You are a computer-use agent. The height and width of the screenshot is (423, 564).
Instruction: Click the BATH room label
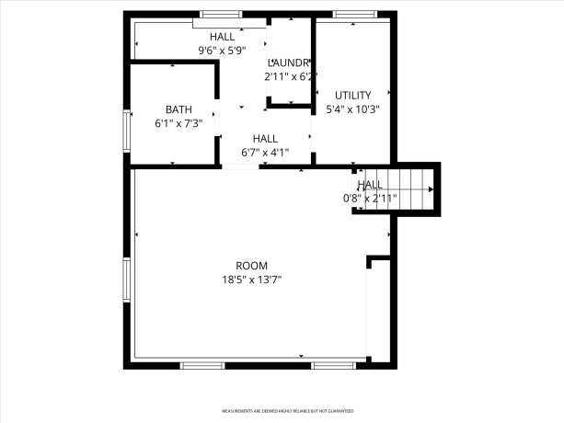178,109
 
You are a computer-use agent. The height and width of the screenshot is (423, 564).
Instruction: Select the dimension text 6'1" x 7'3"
178,122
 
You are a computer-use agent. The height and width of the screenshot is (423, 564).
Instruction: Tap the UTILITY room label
352,95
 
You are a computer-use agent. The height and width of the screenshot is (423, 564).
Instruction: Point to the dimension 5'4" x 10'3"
352,109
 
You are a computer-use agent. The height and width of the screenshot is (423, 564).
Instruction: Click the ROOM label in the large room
251,266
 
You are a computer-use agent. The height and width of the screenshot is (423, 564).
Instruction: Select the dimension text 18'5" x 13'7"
251,280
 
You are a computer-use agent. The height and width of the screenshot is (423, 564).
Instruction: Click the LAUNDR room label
288,63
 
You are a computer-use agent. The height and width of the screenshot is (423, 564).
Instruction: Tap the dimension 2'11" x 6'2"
290,76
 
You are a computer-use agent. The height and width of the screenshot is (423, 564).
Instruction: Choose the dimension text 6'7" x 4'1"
265,152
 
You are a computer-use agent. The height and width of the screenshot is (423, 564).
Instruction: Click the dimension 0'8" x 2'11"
369,198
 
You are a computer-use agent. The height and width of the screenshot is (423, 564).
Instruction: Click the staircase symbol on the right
414,189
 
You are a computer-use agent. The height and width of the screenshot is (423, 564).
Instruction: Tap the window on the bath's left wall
127,131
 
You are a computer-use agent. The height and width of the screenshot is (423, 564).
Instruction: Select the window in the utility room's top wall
348,14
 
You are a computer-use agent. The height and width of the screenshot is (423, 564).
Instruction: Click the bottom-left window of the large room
202,365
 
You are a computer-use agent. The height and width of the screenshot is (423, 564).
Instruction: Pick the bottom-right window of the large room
333,365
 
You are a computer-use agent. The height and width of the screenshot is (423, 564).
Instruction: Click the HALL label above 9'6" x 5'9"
222,36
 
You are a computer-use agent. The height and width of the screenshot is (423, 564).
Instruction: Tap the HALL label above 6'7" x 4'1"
265,138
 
